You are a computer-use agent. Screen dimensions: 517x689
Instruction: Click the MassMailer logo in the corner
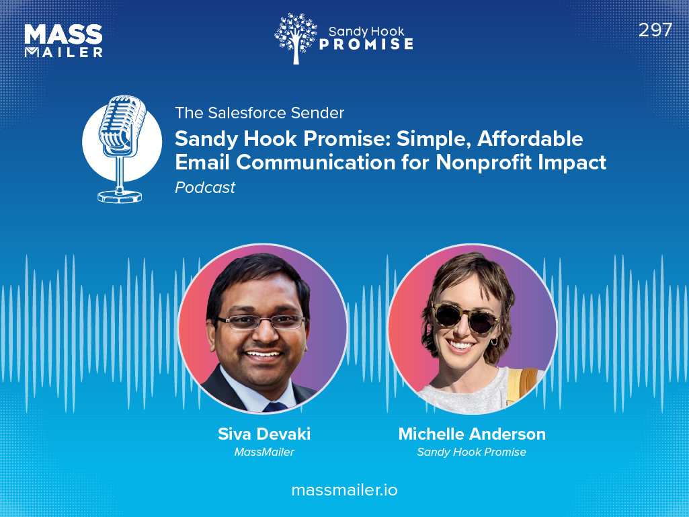pyautogui.click(x=63, y=41)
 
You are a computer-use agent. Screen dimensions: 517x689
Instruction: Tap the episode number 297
pyautogui.click(x=655, y=30)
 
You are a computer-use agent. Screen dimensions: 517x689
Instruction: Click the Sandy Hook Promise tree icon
pyautogui.click(x=295, y=38)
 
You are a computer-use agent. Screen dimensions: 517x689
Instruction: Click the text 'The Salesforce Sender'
pyautogui.click(x=259, y=112)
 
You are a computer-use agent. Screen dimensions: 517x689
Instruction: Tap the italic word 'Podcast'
pyautogui.click(x=205, y=188)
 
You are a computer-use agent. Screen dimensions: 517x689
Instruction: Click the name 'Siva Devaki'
pyautogui.click(x=264, y=434)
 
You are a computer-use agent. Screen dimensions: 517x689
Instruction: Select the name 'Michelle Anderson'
pyautogui.click(x=472, y=434)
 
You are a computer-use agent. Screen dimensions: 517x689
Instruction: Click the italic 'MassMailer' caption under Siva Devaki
pyautogui.click(x=264, y=452)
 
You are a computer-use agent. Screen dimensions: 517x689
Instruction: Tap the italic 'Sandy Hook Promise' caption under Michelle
pyautogui.click(x=471, y=452)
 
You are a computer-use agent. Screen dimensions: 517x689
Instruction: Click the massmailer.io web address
pyautogui.click(x=344, y=490)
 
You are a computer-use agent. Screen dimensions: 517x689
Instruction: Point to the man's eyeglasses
pyautogui.click(x=261, y=322)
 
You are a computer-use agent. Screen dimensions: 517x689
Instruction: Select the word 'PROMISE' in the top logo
pyautogui.click(x=366, y=44)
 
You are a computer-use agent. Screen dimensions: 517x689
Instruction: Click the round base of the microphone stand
pyautogui.click(x=120, y=196)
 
